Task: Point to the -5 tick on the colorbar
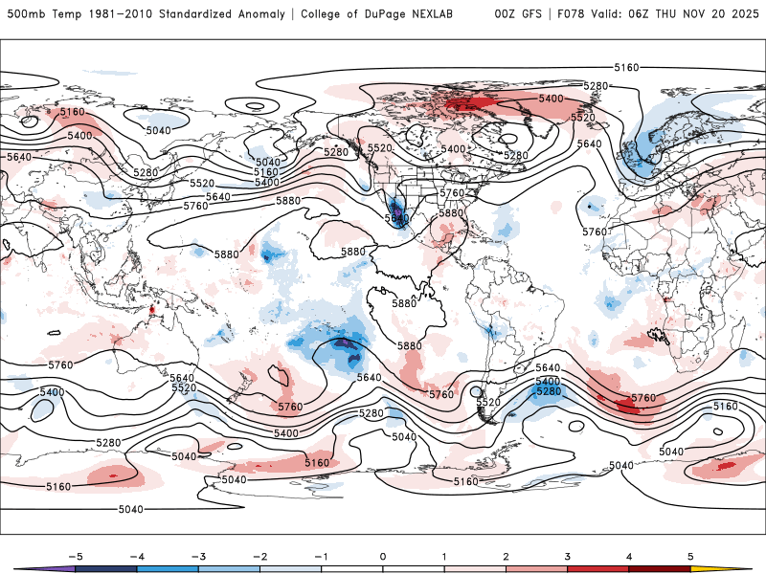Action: coord(76,555)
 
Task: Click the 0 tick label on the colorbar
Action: coord(383,555)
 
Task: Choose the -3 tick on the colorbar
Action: coord(198,555)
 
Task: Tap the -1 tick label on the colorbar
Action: coord(321,555)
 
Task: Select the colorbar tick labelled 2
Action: coord(506,555)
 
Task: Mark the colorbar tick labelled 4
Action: coord(628,555)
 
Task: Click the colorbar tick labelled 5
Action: coord(689,555)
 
